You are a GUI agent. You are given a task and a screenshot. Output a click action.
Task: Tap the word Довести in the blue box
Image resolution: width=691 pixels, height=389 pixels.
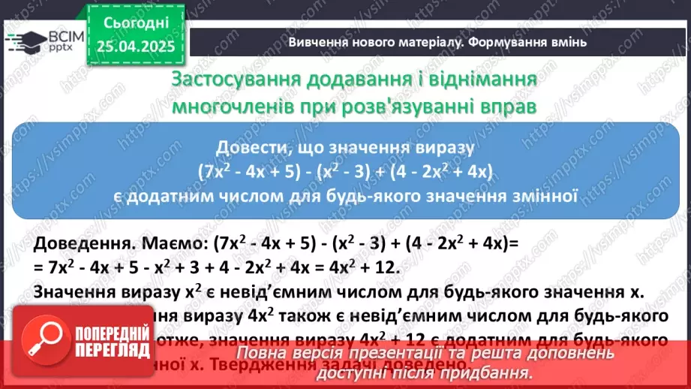(251, 146)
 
